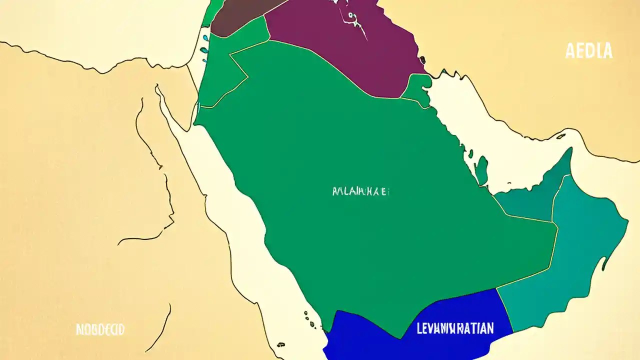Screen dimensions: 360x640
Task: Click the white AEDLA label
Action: pyautogui.click(x=589, y=51)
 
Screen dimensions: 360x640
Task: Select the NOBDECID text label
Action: pyautogui.click(x=99, y=329)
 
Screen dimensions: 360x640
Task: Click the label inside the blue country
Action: pyautogui.click(x=454, y=328)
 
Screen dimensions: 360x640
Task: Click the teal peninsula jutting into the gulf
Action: pyautogui.click(x=481, y=170)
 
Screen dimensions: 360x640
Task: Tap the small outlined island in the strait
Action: pyautogui.click(x=561, y=135)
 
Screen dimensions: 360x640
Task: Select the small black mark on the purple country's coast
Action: pyautogui.click(x=423, y=59)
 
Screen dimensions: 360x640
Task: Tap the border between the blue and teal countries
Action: pyautogui.click(x=505, y=310)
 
